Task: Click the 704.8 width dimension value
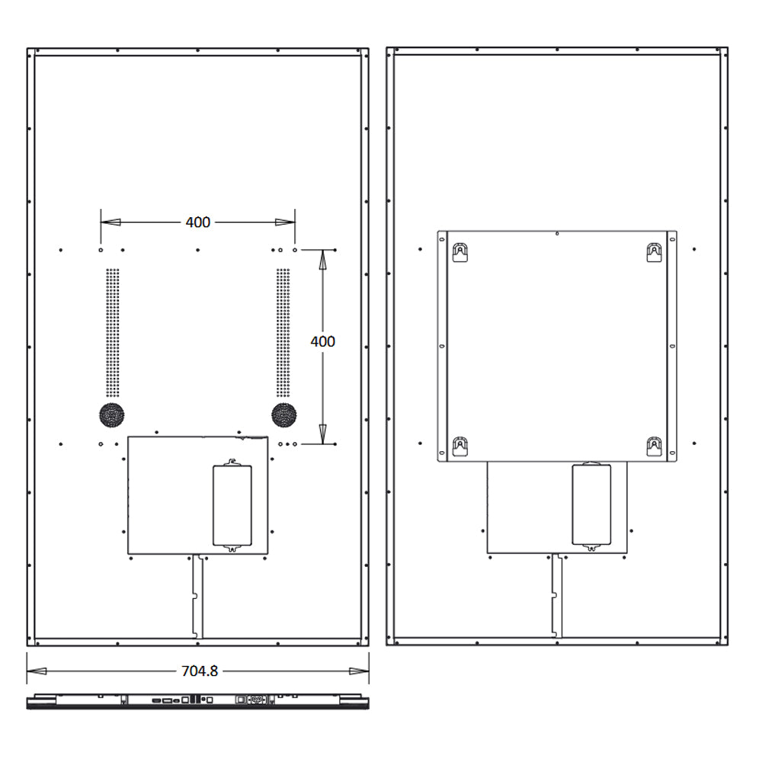point(199,671)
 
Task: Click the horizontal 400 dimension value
point(198,222)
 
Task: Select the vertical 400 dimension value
point(322,341)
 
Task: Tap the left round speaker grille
point(112,415)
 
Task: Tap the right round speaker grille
point(283,415)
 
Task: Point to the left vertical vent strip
point(112,332)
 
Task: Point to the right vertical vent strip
point(283,332)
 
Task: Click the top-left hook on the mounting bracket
point(459,253)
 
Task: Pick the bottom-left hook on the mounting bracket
point(459,447)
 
